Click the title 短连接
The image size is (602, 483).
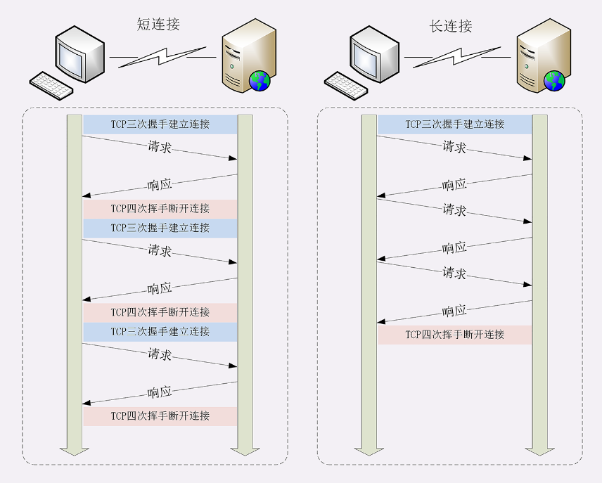pos(158,25)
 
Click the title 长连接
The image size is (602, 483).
pos(451,27)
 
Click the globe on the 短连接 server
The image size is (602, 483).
pos(260,81)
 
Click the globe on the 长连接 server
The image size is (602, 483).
pos(554,81)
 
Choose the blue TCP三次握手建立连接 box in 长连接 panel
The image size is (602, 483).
pos(455,124)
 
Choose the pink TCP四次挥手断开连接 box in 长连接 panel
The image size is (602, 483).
pos(455,335)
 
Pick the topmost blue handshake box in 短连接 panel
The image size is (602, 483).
pos(160,124)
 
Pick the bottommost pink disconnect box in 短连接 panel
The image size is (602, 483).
pos(160,416)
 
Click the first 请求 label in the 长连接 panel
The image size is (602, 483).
pos(454,147)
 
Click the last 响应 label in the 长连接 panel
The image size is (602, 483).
pos(454,311)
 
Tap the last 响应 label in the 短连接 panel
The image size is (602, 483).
pos(160,392)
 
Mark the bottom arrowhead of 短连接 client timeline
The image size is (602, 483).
pos(75,450)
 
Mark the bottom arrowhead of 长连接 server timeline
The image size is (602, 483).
pos(539,450)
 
